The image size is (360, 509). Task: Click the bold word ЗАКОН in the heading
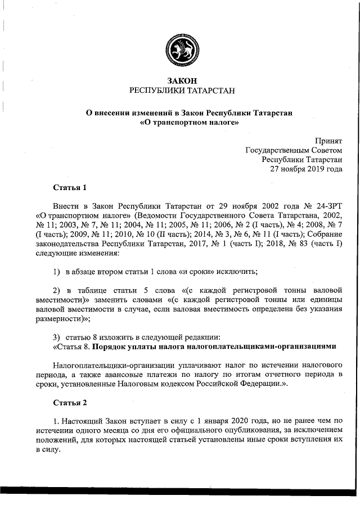[x=181, y=81]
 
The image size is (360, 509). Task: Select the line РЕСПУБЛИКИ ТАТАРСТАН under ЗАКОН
[x=181, y=91]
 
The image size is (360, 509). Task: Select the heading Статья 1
[x=69, y=187]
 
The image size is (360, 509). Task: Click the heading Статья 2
[x=69, y=387]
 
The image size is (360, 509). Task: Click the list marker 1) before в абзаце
[x=56, y=272]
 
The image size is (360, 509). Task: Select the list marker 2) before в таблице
[x=56, y=290]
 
